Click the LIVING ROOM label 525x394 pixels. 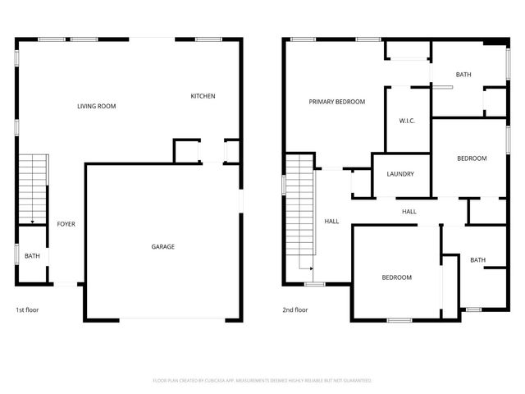coord(96,107)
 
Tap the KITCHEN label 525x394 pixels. coord(203,96)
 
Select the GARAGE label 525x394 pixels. coord(162,246)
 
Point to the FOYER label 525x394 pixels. coord(66,223)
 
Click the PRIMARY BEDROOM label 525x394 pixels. coord(336,102)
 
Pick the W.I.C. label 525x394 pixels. coord(407,121)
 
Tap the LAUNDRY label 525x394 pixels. coord(399,174)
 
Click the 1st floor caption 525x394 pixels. coord(27,310)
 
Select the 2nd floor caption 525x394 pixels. coord(294,310)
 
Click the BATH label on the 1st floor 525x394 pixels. coord(32,256)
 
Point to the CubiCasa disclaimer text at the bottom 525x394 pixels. coord(262,381)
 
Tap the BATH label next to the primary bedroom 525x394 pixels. coord(463,75)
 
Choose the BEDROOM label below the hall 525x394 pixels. coord(396,277)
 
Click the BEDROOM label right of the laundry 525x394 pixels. coord(472,158)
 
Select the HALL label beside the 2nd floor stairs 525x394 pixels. coord(331,221)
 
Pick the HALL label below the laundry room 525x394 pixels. coord(409,212)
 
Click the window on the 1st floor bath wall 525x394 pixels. coord(17,254)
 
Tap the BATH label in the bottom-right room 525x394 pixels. coord(477,260)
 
